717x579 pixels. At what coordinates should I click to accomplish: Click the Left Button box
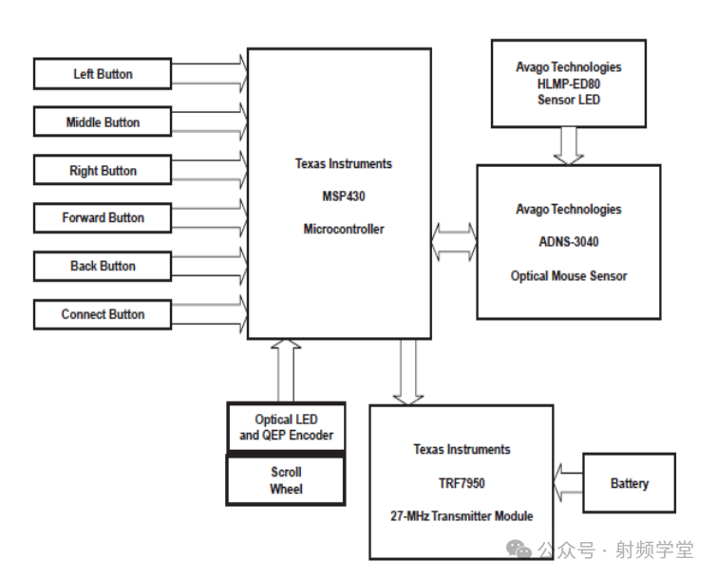[x=103, y=74]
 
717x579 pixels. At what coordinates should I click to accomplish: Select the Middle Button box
[x=103, y=122]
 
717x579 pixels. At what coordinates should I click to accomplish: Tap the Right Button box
[x=103, y=171]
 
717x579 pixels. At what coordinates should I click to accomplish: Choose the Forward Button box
[x=103, y=217]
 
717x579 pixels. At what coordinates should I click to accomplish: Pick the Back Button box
[x=103, y=266]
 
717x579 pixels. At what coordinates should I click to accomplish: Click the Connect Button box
[x=103, y=314]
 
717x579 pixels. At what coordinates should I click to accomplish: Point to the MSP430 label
[x=343, y=196]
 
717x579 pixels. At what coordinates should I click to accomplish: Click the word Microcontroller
[x=343, y=229]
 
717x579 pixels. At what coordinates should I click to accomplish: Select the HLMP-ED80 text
[x=568, y=84]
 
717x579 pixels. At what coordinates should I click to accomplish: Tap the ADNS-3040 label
[x=568, y=242]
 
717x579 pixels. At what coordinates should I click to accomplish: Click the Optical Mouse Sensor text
[x=568, y=276]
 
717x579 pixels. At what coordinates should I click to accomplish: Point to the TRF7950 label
[x=462, y=483]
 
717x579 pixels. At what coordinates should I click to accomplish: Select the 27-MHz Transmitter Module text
[x=462, y=516]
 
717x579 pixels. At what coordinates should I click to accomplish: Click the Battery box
[x=629, y=483]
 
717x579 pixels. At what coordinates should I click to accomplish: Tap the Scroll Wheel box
[x=286, y=480]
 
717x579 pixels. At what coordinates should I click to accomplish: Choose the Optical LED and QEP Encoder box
[x=286, y=427]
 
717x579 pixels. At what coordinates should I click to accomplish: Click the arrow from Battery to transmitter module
[x=568, y=482]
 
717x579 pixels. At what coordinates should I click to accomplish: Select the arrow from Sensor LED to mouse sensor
[x=568, y=145]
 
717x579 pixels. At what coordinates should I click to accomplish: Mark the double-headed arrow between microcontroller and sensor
[x=454, y=241]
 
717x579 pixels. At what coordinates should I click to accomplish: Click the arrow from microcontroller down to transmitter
[x=409, y=371]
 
